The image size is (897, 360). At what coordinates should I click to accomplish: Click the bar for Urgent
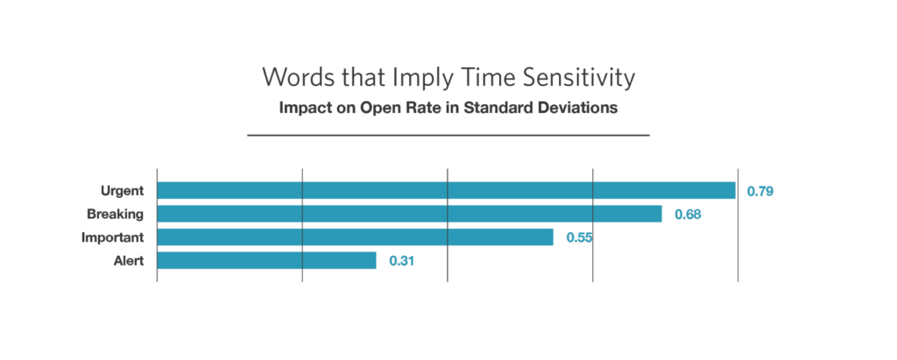pos(446,191)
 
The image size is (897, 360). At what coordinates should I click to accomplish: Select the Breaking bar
pos(409,214)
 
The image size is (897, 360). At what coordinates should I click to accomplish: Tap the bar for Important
pos(355,237)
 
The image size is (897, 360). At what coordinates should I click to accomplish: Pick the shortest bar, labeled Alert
pos(267,260)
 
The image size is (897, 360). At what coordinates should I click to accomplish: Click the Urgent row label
pos(122,191)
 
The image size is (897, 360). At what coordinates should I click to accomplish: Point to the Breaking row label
pos(115,214)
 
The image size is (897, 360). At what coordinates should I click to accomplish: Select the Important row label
pos(112,237)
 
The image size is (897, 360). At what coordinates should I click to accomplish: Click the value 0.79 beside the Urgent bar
pos(759,191)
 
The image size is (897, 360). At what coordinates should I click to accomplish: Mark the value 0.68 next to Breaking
pos(688,214)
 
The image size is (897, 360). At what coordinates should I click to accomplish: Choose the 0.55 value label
pos(579,237)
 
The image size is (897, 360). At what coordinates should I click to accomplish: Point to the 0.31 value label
pos(402,260)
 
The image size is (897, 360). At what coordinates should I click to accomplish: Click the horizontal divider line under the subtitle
pos(448,136)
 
